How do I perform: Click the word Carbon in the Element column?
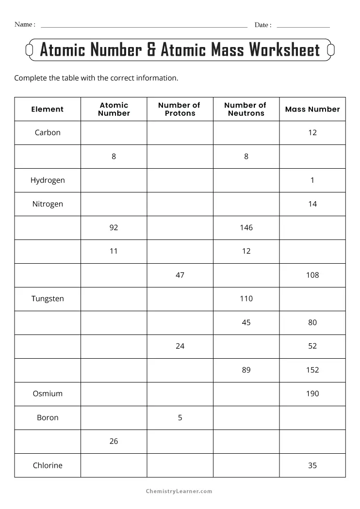click(x=48, y=132)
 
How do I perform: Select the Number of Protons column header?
click(x=180, y=109)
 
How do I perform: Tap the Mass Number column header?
click(x=312, y=109)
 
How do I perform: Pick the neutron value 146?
click(x=246, y=227)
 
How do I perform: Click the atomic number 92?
click(x=114, y=227)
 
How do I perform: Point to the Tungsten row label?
click(x=48, y=299)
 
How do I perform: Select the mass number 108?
click(x=312, y=275)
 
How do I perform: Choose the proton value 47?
click(x=180, y=275)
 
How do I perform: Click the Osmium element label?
click(x=48, y=394)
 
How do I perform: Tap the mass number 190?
click(x=312, y=394)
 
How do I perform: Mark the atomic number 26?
click(x=114, y=441)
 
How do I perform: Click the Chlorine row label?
click(x=48, y=465)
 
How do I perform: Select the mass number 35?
click(x=312, y=465)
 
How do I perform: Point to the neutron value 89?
click(x=246, y=370)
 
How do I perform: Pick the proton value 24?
click(x=180, y=346)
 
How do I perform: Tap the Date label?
click(x=262, y=25)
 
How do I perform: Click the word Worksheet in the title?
click(x=284, y=50)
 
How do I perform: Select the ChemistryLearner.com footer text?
click(x=180, y=491)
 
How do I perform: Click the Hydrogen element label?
click(x=48, y=180)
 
